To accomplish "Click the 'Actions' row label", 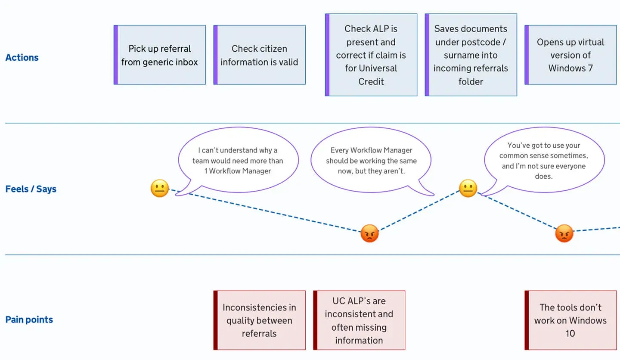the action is coord(22,58).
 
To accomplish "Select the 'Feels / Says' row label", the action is coord(31,189).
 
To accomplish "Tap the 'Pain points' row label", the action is coord(29,320).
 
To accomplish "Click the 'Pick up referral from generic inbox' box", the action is coord(160,55).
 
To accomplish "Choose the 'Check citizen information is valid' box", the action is coord(259,55).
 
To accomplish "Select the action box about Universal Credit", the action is coord(371,55).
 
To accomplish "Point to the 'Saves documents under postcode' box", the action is coord(471,55).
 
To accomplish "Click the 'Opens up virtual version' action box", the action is coord(570,55).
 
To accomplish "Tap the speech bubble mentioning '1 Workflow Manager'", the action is coord(238,160).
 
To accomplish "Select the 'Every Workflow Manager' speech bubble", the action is coord(371,160).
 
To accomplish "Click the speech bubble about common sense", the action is coord(544,160).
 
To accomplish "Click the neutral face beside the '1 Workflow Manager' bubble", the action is coord(160,188).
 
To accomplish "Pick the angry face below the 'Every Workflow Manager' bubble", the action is coord(369,233).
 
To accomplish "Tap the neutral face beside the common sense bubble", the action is coord(468,188).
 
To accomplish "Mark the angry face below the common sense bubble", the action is coord(564,233).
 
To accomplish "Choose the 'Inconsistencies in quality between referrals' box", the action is coord(259,320).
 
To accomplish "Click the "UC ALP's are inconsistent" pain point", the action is coord(359,320).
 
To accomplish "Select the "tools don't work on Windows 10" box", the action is coord(570,320).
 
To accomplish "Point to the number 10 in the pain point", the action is coord(570,333).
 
